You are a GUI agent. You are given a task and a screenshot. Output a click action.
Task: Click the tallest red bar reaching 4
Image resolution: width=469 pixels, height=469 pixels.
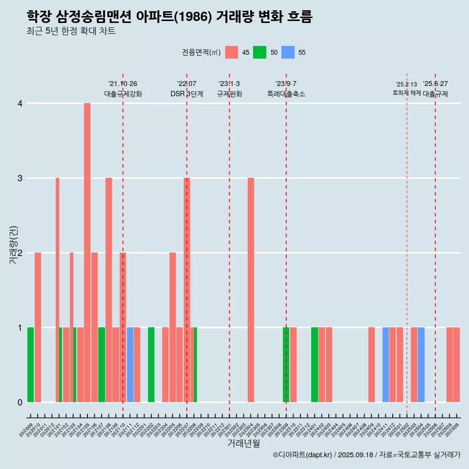87,253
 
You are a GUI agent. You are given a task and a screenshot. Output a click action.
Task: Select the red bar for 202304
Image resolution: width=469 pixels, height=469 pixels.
251,290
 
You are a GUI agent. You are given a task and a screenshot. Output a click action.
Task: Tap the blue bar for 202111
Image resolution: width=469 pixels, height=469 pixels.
130,364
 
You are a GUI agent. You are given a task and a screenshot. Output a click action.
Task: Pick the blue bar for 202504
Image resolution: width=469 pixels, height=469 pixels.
421,364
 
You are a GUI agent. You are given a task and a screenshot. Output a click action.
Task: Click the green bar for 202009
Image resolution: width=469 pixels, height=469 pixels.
30,364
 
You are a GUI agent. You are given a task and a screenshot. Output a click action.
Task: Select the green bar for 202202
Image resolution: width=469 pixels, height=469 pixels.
151,364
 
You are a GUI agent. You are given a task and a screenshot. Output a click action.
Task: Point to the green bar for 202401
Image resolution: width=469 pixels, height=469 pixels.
315,364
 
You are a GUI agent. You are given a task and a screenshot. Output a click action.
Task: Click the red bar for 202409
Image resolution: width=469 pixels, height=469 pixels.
371,364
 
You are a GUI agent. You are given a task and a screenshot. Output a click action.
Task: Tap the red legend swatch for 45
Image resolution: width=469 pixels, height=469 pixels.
232,52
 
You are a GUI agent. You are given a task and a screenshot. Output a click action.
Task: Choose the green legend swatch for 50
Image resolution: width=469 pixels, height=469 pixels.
259,52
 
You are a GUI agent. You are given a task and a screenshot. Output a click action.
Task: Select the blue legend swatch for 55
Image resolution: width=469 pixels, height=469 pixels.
288,52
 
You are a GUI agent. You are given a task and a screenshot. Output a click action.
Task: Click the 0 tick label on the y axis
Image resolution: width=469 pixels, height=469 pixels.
20,403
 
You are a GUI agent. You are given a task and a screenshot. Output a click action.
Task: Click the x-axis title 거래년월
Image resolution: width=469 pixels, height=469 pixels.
243,443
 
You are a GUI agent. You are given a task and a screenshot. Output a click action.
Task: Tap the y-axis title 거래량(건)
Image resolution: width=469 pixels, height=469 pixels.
13,245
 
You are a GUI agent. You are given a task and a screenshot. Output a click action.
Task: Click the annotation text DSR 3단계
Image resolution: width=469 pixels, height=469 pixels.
187,94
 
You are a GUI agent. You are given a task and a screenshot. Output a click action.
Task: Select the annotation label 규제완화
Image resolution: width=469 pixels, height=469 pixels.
230,94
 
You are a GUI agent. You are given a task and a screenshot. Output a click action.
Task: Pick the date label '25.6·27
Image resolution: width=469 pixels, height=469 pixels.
435,84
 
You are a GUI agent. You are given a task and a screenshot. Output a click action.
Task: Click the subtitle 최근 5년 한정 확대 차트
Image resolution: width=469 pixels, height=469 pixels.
71,31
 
